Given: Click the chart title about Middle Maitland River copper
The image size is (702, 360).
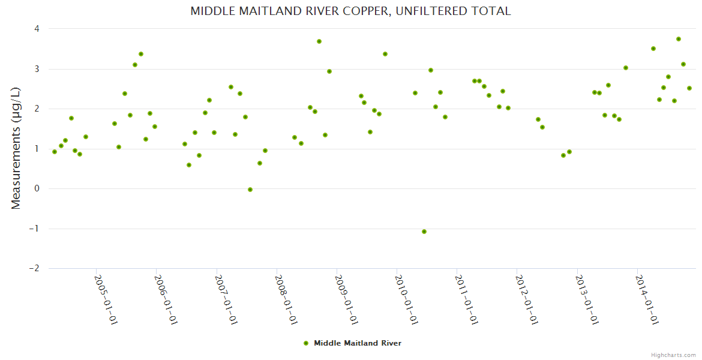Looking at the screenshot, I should (350, 11).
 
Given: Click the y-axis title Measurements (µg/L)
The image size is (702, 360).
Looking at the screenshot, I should (16, 148).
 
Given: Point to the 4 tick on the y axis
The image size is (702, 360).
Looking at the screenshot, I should (37, 29).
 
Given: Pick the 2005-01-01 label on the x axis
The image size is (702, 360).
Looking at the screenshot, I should (106, 300).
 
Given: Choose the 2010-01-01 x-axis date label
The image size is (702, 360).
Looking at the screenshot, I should (406, 300).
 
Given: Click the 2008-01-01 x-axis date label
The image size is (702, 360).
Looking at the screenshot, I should (286, 300).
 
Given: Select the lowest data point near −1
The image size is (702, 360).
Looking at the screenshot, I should (424, 232).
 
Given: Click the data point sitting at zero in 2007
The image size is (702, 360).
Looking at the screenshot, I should (250, 190).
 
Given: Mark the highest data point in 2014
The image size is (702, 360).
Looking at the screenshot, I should (679, 39).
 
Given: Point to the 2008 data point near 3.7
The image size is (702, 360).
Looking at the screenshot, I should (319, 41).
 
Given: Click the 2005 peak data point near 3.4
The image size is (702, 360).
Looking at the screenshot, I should (141, 54).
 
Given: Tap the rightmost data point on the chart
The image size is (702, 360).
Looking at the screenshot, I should (689, 88).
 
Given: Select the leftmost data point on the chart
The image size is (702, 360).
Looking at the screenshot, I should (55, 152).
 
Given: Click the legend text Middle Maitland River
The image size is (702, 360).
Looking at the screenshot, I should (358, 343).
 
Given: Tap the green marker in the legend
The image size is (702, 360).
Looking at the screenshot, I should (306, 343).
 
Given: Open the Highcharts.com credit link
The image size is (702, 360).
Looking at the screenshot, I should (673, 355).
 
